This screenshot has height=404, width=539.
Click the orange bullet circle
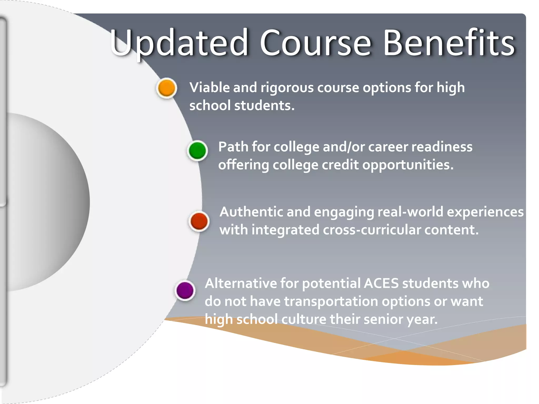click(167, 88)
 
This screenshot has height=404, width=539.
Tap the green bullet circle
click(197, 150)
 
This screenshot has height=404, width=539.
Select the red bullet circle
click(199, 221)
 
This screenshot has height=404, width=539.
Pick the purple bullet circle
click(185, 290)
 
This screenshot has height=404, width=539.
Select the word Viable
click(209, 87)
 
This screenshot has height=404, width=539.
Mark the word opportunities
click(408, 165)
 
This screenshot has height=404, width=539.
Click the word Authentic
click(251, 212)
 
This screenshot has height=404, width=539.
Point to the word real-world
click(410, 212)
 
